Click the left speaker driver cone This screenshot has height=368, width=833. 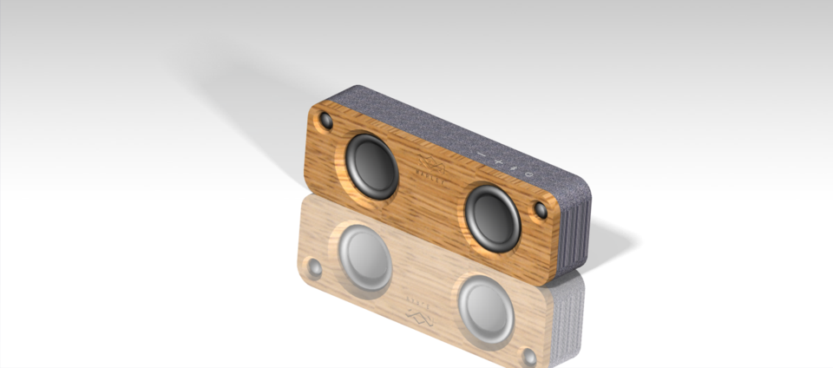(x=371, y=163)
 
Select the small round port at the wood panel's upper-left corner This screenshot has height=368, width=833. (x=325, y=119)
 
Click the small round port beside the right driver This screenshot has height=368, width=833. (x=541, y=210)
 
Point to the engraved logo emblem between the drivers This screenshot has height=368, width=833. (x=426, y=164)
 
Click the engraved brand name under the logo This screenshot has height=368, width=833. (x=428, y=181)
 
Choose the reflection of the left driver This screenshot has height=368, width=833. (x=364, y=256)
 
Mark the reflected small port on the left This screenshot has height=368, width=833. (x=314, y=268)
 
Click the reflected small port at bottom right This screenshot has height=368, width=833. (x=528, y=355)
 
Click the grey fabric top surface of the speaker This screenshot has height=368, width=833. (x=451, y=130)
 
